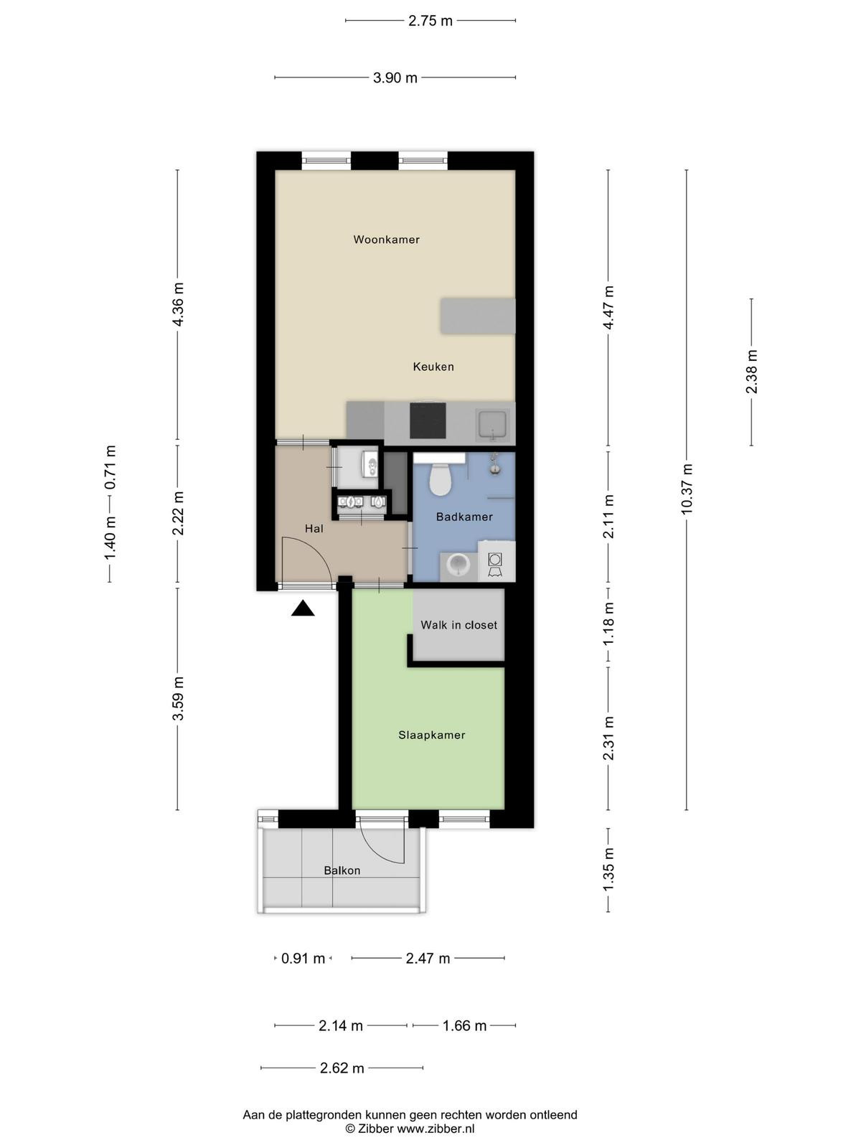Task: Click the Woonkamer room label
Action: point(386,240)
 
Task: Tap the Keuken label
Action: point(433,367)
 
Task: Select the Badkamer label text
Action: point(464,517)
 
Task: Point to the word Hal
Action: point(314,528)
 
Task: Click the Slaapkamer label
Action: point(432,735)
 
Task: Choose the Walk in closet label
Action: point(459,625)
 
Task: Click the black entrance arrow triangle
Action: point(303,608)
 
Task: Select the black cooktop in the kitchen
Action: point(428,420)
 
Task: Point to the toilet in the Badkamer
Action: point(440,479)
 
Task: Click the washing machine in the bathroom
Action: point(496,561)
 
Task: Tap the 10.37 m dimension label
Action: point(687,489)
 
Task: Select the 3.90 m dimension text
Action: point(395,78)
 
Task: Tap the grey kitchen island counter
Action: point(478,316)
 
